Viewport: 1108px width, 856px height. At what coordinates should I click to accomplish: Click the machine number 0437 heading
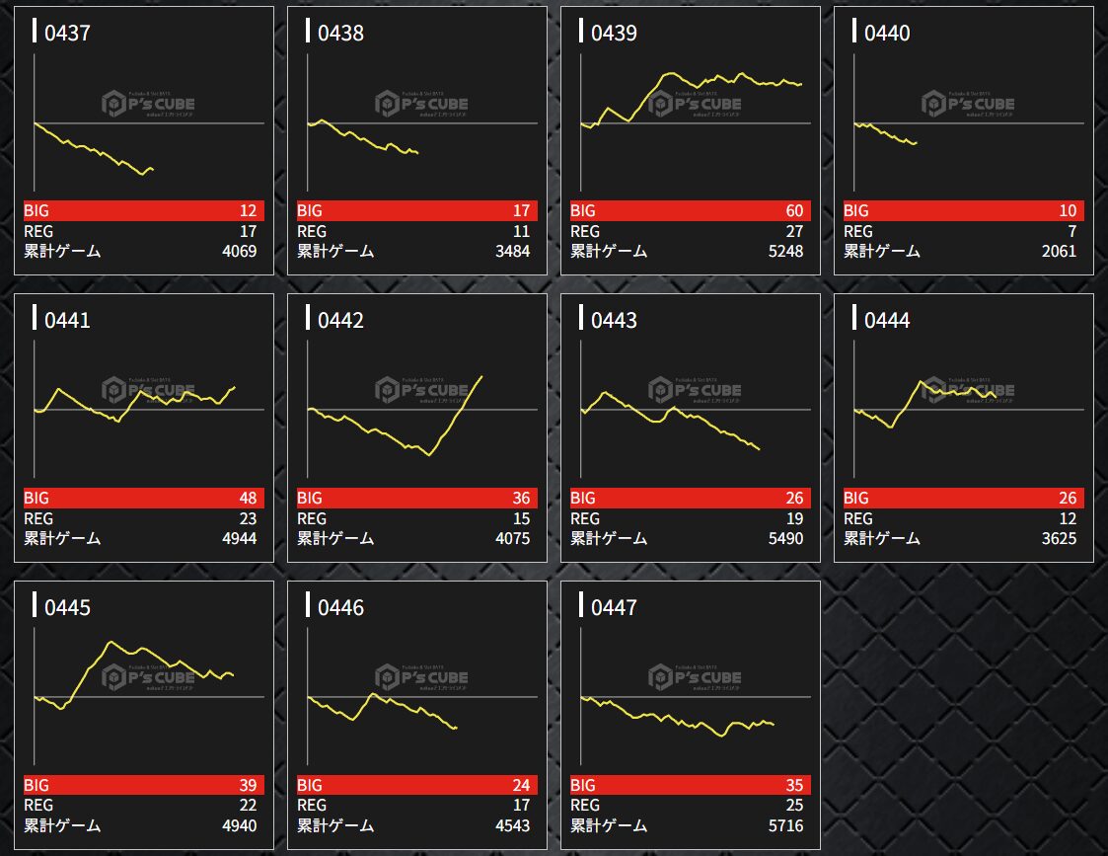tap(67, 34)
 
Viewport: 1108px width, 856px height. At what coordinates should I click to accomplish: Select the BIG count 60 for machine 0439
tap(793, 210)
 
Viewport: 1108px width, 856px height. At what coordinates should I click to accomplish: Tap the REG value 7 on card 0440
tap(1071, 231)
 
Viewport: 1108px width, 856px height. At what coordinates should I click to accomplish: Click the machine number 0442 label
tap(340, 321)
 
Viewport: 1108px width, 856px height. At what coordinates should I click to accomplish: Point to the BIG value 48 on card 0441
tap(247, 498)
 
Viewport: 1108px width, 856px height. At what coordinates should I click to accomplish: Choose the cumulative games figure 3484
tap(511, 251)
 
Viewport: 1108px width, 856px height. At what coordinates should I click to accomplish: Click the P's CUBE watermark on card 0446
tap(421, 677)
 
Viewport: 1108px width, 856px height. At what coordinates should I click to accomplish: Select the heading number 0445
tap(67, 608)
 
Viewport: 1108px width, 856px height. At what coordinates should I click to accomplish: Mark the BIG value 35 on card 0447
tap(793, 785)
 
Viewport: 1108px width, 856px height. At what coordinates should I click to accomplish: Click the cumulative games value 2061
tap(1058, 251)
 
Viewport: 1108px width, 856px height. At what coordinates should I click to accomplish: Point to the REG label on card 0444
tap(858, 518)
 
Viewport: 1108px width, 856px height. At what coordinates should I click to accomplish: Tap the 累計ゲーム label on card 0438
tap(335, 251)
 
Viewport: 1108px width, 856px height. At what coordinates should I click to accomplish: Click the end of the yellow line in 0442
tap(481, 376)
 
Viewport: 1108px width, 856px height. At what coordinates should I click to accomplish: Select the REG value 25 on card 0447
tap(793, 806)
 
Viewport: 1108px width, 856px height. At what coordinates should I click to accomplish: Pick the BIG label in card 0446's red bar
tap(310, 785)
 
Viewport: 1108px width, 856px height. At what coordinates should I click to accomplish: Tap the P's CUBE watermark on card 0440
tap(968, 104)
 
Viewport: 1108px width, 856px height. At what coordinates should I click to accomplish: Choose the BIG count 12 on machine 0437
tap(247, 210)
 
